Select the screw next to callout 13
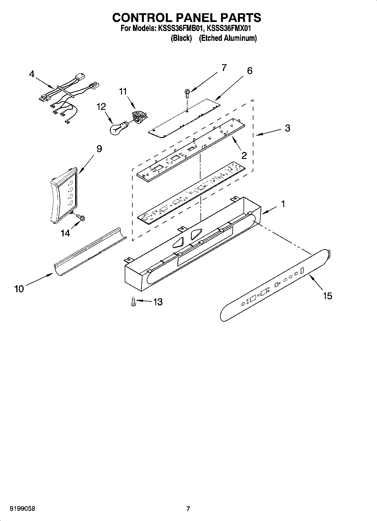pyautogui.click(x=133, y=302)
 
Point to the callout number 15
pyautogui.click(x=327, y=296)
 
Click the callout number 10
pyautogui.click(x=19, y=289)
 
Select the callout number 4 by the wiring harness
pyautogui.click(x=32, y=74)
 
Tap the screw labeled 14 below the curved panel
pyautogui.click(x=81, y=218)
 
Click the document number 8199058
pyautogui.click(x=23, y=509)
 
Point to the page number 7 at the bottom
pyautogui.click(x=188, y=509)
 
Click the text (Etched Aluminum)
pyautogui.click(x=228, y=38)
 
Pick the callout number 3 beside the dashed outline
pyautogui.click(x=287, y=128)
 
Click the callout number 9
pyautogui.click(x=99, y=148)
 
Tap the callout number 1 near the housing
pyautogui.click(x=283, y=204)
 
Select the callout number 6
pyautogui.click(x=249, y=70)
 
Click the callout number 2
pyautogui.click(x=244, y=155)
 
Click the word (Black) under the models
pyautogui.click(x=181, y=38)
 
